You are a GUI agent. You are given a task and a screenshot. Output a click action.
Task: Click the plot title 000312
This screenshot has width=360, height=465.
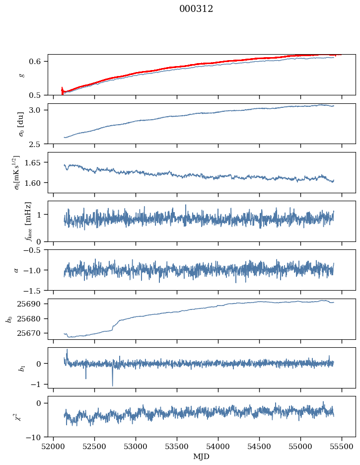pos(196,9)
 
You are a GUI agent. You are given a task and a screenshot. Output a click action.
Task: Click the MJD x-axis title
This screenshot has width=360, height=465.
pos(201,456)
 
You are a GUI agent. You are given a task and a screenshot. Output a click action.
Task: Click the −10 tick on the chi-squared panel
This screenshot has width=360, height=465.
pos(36,437)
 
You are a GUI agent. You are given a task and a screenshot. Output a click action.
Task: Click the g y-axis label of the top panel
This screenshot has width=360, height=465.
pos(20,75)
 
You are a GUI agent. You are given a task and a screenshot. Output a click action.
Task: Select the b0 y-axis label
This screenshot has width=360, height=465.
pos(8,319)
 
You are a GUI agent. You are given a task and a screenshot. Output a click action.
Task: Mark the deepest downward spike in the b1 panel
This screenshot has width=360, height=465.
pos(112,386)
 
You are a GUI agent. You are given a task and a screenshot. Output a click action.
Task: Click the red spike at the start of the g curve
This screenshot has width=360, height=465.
pos(62,90)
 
